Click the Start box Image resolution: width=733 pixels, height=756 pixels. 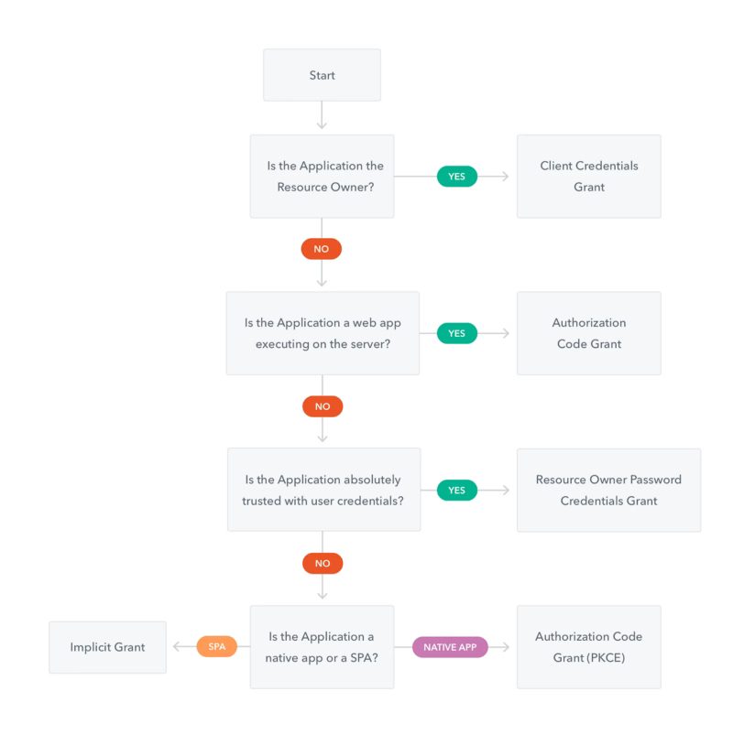coord(322,75)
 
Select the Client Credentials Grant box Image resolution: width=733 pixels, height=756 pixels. coord(589,177)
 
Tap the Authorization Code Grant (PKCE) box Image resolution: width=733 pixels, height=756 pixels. coord(589,647)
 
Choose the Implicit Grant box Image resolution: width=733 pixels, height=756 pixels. coord(107,647)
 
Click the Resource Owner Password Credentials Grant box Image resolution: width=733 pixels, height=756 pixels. coord(608,491)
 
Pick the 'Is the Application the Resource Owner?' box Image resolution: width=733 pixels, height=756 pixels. coord(322,177)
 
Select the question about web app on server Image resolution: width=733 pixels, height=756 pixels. coord(323,333)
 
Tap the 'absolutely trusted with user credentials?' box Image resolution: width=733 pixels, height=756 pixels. coord(323,490)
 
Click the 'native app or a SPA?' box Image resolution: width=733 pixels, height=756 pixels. coord(322,647)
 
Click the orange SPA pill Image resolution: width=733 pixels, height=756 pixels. coord(216,646)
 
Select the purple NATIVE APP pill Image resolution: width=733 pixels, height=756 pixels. coord(450,647)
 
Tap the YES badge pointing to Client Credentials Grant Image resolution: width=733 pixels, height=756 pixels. coord(457,177)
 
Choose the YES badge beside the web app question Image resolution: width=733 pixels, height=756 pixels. coord(457,333)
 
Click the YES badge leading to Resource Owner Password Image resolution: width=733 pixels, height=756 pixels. coord(457,491)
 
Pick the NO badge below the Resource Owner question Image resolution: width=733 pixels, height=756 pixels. coord(322,249)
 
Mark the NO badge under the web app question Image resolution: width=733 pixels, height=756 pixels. coord(323,406)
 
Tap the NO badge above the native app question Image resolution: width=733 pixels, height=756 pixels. coord(323,563)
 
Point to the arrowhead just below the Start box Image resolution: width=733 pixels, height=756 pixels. coord(322,125)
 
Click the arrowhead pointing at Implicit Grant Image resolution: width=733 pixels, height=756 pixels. coord(176,646)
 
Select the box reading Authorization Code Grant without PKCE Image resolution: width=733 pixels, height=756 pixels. coord(589,333)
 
